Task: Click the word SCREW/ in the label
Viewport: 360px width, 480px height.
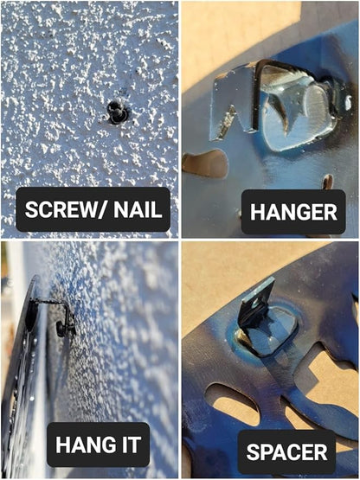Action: point(67,209)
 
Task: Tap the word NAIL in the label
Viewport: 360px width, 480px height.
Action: point(138,209)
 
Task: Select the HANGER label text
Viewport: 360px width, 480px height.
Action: point(293,212)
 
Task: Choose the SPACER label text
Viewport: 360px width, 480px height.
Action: point(286,451)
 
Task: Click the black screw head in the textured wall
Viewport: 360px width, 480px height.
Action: point(117,112)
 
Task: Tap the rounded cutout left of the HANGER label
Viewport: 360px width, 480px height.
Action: point(205,163)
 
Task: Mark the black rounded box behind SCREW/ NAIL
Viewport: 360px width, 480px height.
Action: point(93,209)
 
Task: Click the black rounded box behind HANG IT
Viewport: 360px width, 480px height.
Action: point(98,445)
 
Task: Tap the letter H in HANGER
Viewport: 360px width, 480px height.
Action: point(257,212)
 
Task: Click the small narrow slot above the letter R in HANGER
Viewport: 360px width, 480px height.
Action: point(328,182)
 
